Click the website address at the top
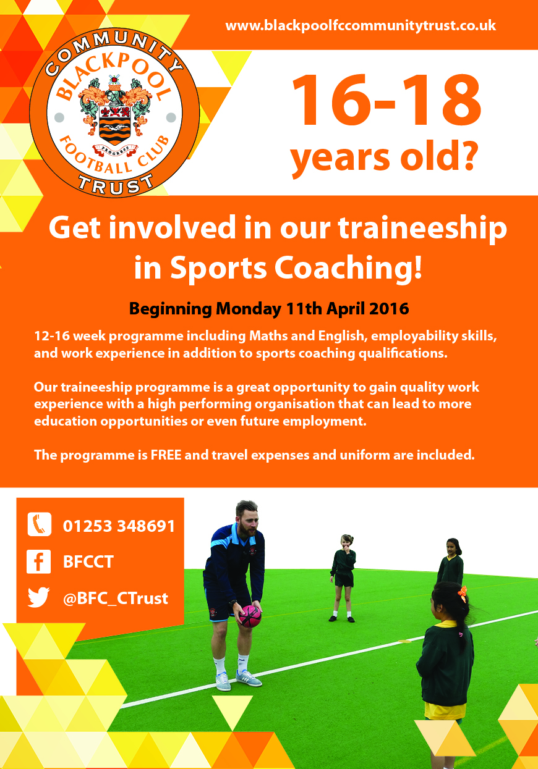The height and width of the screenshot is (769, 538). point(361,26)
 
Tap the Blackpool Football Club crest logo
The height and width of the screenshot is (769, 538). point(114,113)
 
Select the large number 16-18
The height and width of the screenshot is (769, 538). point(386,100)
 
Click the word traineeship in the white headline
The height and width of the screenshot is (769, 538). point(422,229)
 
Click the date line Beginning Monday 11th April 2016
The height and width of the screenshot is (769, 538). point(269,309)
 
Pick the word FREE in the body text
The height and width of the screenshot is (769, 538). point(166,455)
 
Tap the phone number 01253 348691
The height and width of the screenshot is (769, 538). point(119,526)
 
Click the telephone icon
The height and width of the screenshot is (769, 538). point(40,524)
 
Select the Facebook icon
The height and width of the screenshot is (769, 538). point(38,561)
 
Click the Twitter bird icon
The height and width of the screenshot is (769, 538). point(38,597)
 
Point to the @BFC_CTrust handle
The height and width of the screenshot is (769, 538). point(116,599)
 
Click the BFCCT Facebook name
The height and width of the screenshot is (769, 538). point(88,562)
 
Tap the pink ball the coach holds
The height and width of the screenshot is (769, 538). point(250,616)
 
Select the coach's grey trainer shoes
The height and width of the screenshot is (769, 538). point(239,679)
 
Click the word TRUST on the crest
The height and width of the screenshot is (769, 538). point(116,183)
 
